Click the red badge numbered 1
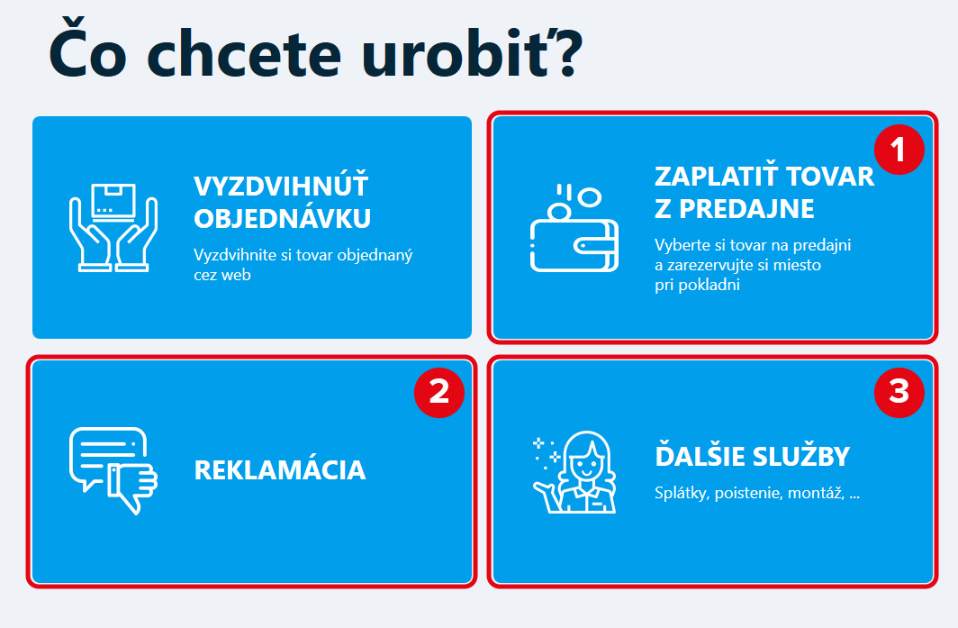pyautogui.click(x=899, y=150)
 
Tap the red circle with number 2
pyautogui.click(x=439, y=393)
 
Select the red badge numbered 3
pyautogui.click(x=899, y=393)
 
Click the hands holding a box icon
pyautogui.click(x=113, y=227)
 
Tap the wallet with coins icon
pyautogui.click(x=574, y=227)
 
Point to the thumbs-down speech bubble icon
pyautogui.click(x=113, y=470)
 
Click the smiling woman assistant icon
pyautogui.click(x=574, y=471)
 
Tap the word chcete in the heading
pyautogui.click(x=244, y=55)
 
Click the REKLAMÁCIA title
pyautogui.click(x=280, y=470)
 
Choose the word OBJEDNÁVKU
pyautogui.click(x=283, y=218)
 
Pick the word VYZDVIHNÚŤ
pyautogui.click(x=281, y=186)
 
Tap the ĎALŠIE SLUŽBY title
pyautogui.click(x=752, y=456)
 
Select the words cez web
pyautogui.click(x=222, y=275)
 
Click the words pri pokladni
pyautogui.click(x=697, y=285)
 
